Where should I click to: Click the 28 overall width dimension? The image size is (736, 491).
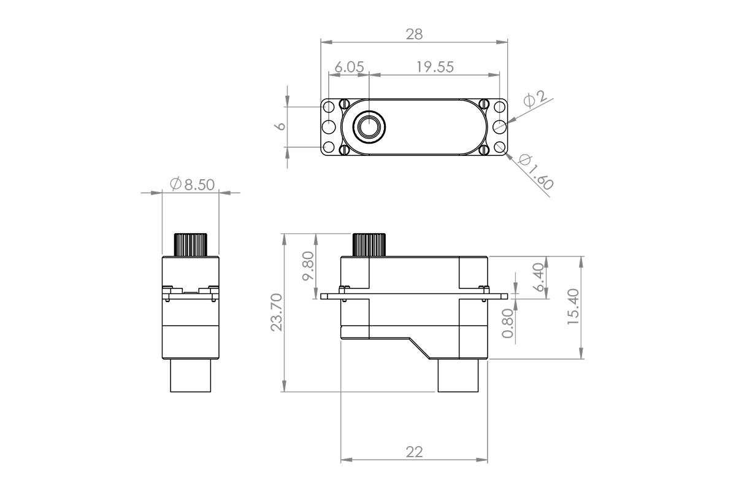pyautogui.click(x=415, y=34)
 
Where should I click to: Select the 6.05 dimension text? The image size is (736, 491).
pyautogui.click(x=350, y=67)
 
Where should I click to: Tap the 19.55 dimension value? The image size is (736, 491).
pyautogui.click(x=435, y=67)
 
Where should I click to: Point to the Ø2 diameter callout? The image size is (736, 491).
pyautogui.click(x=535, y=98)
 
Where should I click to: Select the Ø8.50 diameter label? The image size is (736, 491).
pyautogui.click(x=192, y=184)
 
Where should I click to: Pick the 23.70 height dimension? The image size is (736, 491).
pyautogui.click(x=277, y=312)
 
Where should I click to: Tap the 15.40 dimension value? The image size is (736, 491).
pyautogui.click(x=572, y=307)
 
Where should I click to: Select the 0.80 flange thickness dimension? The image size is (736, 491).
pyautogui.click(x=508, y=323)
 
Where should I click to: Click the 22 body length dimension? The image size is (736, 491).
pyautogui.click(x=415, y=452)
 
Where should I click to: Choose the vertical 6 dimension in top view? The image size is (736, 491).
pyautogui.click(x=280, y=126)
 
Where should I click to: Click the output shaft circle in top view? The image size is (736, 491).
pyautogui.click(x=369, y=127)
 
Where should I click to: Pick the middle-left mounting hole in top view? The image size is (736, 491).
pyautogui.click(x=329, y=127)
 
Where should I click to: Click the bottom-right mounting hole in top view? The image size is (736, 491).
pyautogui.click(x=500, y=147)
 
